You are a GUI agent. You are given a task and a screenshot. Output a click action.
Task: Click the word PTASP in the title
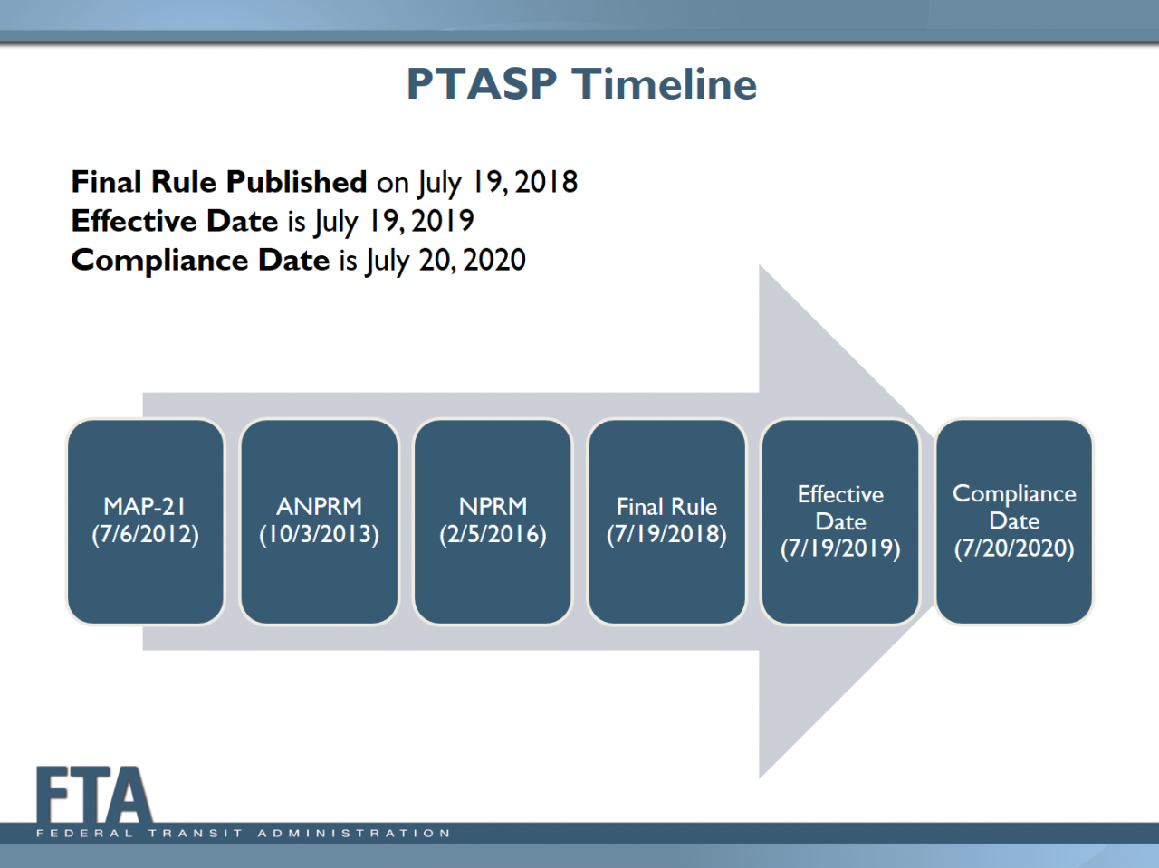click(481, 84)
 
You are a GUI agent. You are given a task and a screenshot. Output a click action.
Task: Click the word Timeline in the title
click(665, 84)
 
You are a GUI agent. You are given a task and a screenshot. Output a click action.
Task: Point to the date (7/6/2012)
click(145, 534)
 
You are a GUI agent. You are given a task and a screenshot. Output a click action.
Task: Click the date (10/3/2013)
click(319, 534)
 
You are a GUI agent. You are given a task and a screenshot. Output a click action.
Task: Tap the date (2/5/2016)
click(493, 534)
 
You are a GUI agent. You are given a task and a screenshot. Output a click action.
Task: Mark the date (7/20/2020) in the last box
click(1014, 548)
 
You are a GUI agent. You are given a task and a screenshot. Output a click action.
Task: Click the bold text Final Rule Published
click(219, 182)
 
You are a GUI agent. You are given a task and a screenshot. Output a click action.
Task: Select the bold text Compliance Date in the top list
click(200, 260)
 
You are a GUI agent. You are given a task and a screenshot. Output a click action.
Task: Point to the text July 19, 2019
click(394, 222)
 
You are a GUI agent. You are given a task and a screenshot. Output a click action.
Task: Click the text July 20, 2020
click(445, 261)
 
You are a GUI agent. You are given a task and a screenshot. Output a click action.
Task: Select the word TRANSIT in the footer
click(196, 833)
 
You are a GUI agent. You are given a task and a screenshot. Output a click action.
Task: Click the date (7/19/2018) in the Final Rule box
click(666, 534)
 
